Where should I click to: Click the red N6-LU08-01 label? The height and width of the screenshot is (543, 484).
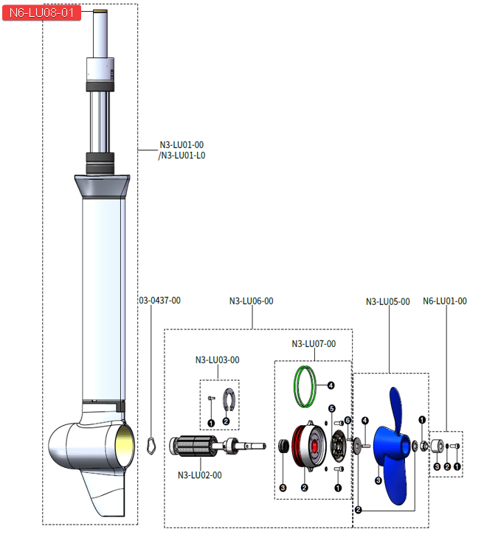tap(41, 13)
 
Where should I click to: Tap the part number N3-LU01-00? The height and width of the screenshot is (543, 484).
tap(181, 145)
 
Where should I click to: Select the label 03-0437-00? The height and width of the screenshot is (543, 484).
tap(159, 301)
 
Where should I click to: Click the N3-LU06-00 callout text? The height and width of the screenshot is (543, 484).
tap(251, 301)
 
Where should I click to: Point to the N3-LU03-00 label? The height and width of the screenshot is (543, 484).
tap(217, 360)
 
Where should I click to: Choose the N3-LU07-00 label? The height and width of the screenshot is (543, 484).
tap(314, 343)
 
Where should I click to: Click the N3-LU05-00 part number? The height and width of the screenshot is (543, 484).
tap(388, 301)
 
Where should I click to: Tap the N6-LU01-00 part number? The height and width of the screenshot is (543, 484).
tap(445, 301)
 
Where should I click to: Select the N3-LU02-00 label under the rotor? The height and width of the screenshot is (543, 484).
tap(199, 475)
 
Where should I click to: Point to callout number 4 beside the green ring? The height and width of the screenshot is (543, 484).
tap(331, 385)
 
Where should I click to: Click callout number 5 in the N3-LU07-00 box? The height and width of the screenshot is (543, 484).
tap(332, 408)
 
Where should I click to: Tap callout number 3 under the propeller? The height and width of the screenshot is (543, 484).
tap(378, 480)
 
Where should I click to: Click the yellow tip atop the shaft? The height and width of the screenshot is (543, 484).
tap(102, 12)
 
